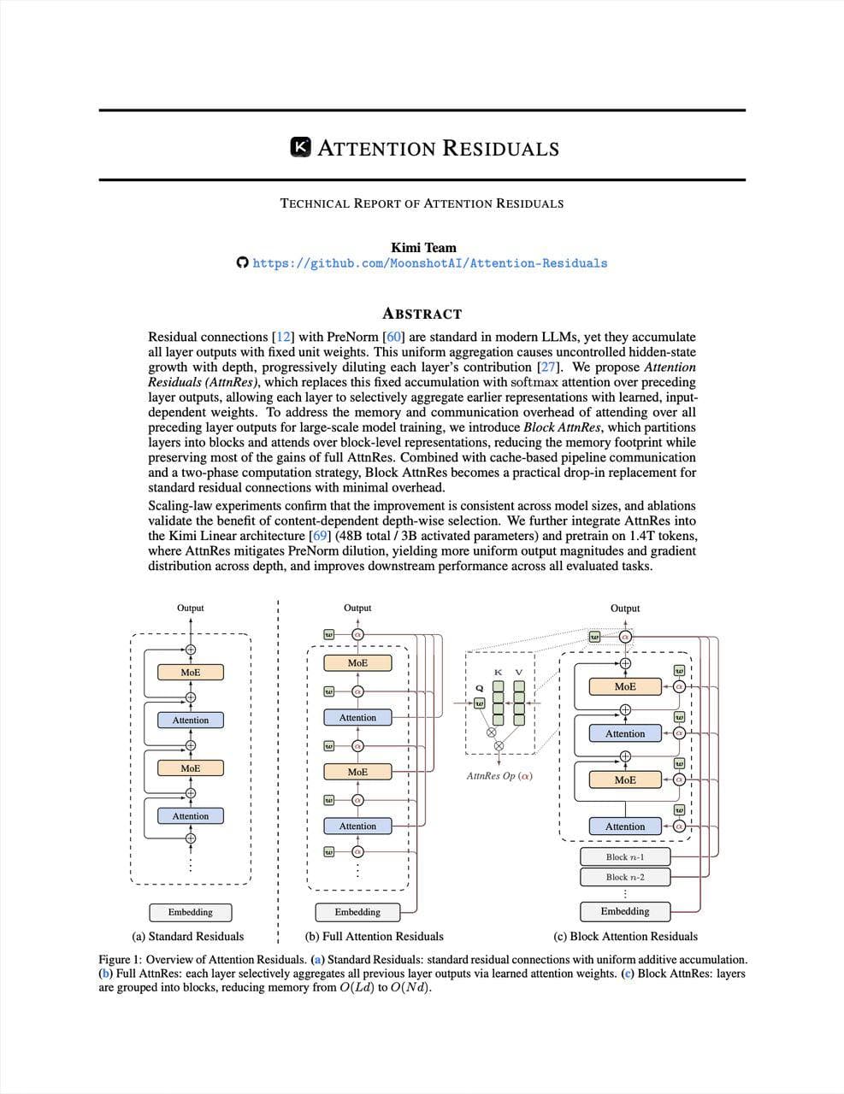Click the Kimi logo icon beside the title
point(301,148)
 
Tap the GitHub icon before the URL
point(242,262)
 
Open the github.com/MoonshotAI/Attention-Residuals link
point(429,263)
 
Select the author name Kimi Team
point(423,248)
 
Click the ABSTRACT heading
point(422,314)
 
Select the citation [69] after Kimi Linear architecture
point(320,536)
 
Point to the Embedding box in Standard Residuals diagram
point(190,912)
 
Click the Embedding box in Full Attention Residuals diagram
point(357,912)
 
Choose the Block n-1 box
point(625,856)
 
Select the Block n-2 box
point(625,877)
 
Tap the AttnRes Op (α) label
point(499,776)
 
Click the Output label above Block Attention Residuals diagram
point(625,608)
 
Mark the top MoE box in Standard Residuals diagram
point(190,673)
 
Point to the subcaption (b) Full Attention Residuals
point(375,936)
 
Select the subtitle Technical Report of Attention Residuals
point(422,203)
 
